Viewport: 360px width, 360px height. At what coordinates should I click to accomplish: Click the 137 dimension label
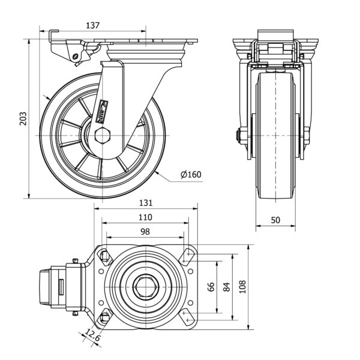[x=92, y=25]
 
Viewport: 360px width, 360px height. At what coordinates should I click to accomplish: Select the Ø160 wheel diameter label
[x=191, y=175]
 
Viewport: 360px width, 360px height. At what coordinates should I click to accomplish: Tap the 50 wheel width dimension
[x=275, y=220]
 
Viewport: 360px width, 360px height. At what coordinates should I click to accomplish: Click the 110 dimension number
[x=145, y=217]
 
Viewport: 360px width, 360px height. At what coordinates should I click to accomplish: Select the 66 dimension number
[x=211, y=287]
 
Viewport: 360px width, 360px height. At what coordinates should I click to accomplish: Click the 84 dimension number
[x=226, y=287]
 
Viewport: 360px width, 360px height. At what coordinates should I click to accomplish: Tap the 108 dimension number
[x=243, y=287]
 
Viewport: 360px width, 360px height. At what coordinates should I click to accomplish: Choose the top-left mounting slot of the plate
[x=103, y=257]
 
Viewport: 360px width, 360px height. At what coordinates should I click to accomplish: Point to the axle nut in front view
[x=240, y=136]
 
